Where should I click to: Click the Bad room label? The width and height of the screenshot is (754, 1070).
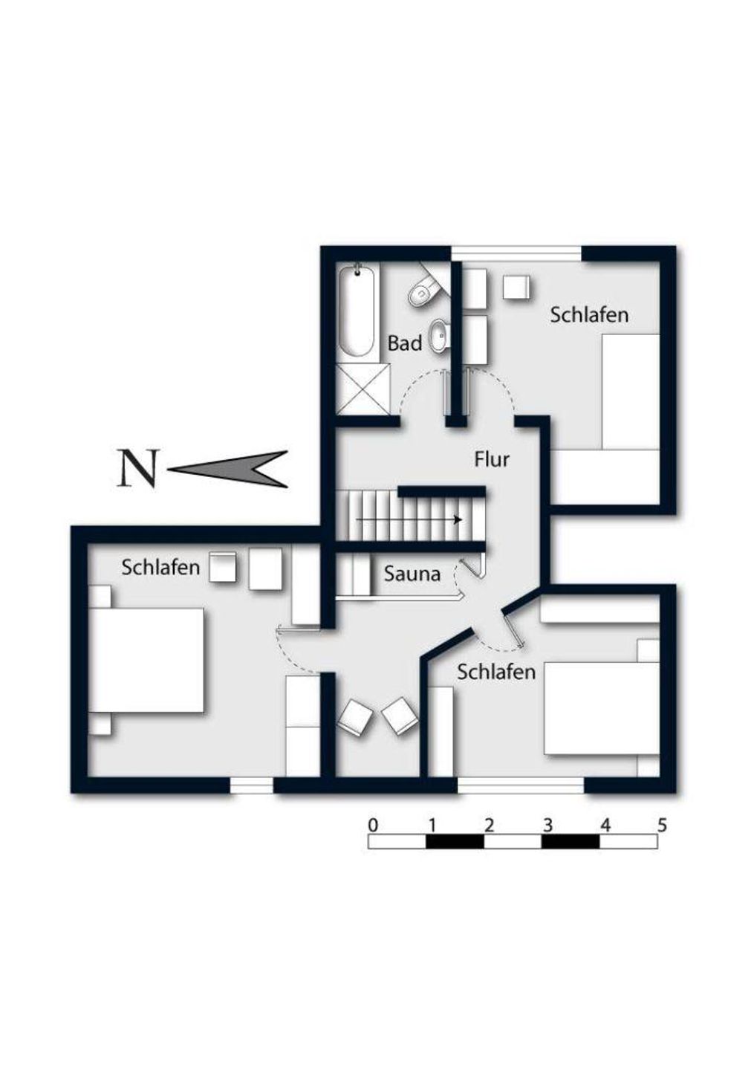point(404,343)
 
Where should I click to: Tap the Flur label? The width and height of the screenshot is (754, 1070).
point(492,459)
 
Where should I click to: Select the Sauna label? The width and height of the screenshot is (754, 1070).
point(412,574)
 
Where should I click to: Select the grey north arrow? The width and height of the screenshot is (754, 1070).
point(228,469)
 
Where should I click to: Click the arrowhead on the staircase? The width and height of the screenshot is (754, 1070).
point(458,519)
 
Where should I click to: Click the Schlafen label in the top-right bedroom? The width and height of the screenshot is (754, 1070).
point(589,315)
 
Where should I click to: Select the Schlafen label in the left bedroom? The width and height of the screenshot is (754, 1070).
point(160,568)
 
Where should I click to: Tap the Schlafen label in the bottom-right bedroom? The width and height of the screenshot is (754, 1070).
point(496,672)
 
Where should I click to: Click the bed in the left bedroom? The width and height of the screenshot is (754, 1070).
point(146,660)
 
